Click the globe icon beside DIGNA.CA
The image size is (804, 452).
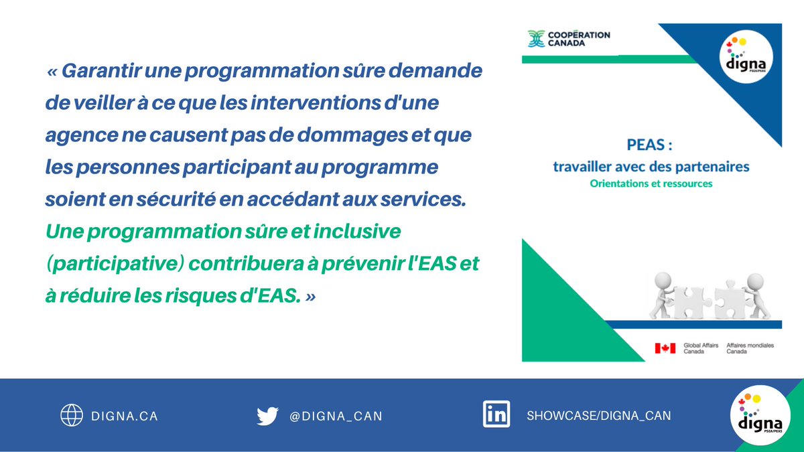pos(72,416)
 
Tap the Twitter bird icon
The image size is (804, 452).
pos(267,416)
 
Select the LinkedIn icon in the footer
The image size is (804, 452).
pos(496,414)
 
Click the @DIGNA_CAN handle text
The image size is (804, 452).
pos(336,417)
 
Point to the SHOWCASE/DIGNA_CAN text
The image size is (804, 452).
pos(598,416)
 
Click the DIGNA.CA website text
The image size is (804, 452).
pos(125,417)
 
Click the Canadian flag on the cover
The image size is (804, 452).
pos(665,348)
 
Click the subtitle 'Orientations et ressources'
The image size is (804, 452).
pos(651,182)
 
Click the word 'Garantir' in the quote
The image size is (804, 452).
pos(97,71)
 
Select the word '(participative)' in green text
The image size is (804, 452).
pos(115,263)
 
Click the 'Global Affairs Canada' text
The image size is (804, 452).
pos(701,348)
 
